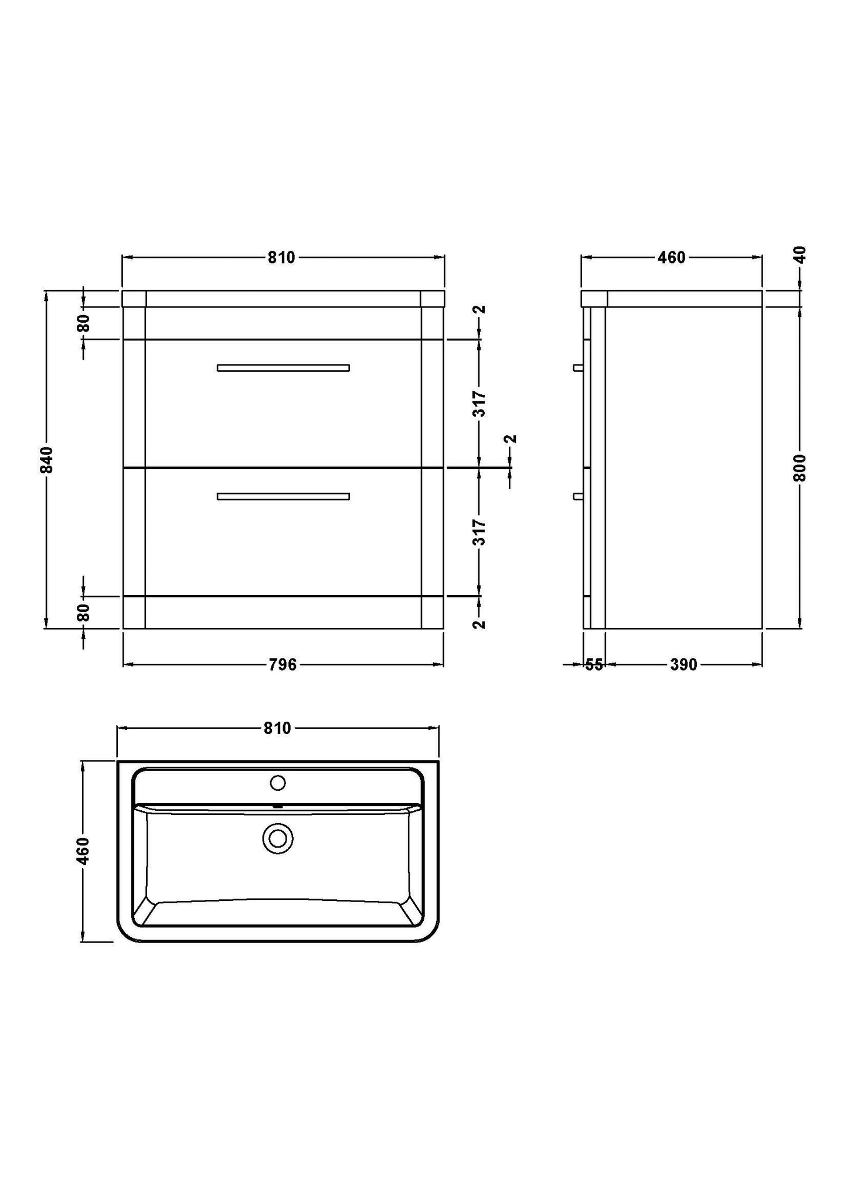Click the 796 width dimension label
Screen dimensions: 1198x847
pyautogui.click(x=283, y=664)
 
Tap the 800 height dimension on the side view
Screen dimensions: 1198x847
pyautogui.click(x=800, y=467)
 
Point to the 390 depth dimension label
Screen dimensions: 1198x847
pyautogui.click(x=683, y=664)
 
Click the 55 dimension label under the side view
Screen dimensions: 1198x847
pyautogui.click(x=594, y=664)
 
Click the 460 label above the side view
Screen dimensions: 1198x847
pyautogui.click(x=672, y=257)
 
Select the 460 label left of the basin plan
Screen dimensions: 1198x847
pyautogui.click(x=83, y=851)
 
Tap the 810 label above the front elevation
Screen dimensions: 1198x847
pyautogui.click(x=281, y=257)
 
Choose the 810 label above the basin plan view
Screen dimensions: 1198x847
pyautogui.click(x=277, y=728)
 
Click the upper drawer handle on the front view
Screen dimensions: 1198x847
pyautogui.click(x=283, y=368)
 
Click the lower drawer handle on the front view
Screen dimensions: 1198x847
pyautogui.click(x=283, y=496)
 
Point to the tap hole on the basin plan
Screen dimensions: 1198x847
pyautogui.click(x=277, y=783)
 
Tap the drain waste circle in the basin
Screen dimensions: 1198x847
pyautogui.click(x=278, y=839)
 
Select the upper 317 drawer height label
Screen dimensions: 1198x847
pyautogui.click(x=479, y=404)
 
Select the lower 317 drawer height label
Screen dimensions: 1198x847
pyautogui.click(x=479, y=532)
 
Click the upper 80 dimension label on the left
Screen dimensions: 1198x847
pyautogui.click(x=84, y=323)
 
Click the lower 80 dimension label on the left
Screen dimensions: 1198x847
pyautogui.click(x=84, y=612)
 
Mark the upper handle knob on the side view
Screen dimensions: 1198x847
pyautogui.click(x=578, y=368)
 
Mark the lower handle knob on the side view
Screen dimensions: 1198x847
pyautogui.click(x=578, y=496)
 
